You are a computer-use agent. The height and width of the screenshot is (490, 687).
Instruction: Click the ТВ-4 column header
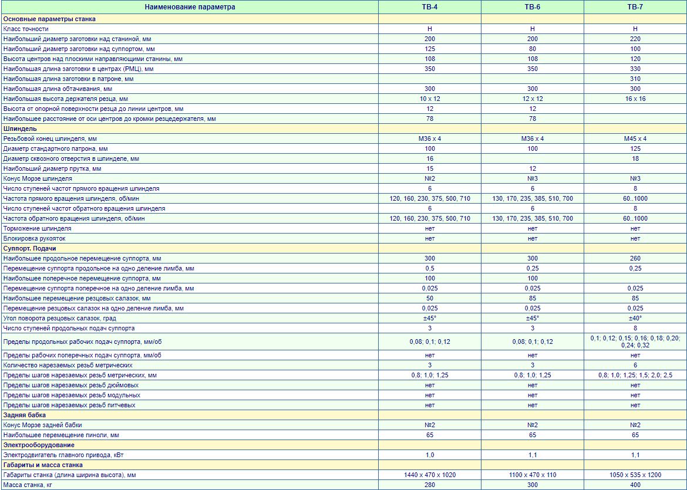point(430,7)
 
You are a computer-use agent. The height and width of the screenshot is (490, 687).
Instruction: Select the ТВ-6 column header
point(532,7)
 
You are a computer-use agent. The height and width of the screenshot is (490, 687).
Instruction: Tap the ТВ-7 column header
point(635,7)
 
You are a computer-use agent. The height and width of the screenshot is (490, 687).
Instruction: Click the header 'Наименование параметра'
point(190,7)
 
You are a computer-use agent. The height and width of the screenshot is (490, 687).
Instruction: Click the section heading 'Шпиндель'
point(20,129)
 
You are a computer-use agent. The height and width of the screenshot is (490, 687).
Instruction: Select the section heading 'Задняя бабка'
point(25,415)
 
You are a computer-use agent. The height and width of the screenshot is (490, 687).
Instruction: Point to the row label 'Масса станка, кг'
point(29,485)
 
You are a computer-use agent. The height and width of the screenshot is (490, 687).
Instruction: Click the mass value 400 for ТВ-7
point(635,485)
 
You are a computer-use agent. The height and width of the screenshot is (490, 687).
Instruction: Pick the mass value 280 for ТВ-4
point(430,485)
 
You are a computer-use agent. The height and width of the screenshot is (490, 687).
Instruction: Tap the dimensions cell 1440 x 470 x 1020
point(430,475)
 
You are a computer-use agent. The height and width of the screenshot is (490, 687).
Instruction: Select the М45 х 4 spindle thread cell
point(635,138)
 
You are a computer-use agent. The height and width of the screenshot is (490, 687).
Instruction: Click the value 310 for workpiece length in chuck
point(635,79)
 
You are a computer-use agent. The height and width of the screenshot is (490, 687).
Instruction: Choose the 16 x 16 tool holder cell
point(635,99)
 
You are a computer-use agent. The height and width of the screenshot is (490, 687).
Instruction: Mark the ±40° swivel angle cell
point(635,318)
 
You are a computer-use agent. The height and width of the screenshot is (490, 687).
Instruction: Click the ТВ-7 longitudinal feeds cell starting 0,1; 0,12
point(635,342)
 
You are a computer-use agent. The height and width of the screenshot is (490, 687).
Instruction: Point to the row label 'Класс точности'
point(26,29)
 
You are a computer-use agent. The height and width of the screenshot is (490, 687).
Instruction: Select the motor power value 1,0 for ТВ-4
point(430,455)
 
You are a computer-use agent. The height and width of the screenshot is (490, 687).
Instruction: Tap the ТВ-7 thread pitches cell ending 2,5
point(635,375)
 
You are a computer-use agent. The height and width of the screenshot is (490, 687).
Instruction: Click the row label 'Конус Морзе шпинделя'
point(38,178)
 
